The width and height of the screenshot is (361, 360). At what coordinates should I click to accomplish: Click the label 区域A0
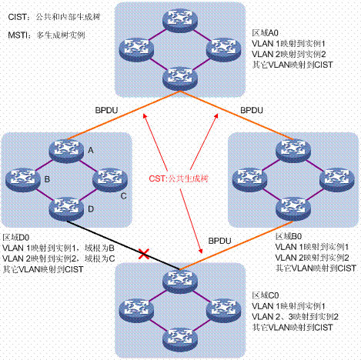[x=266, y=34]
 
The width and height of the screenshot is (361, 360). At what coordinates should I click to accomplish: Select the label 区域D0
[x=18, y=238]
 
